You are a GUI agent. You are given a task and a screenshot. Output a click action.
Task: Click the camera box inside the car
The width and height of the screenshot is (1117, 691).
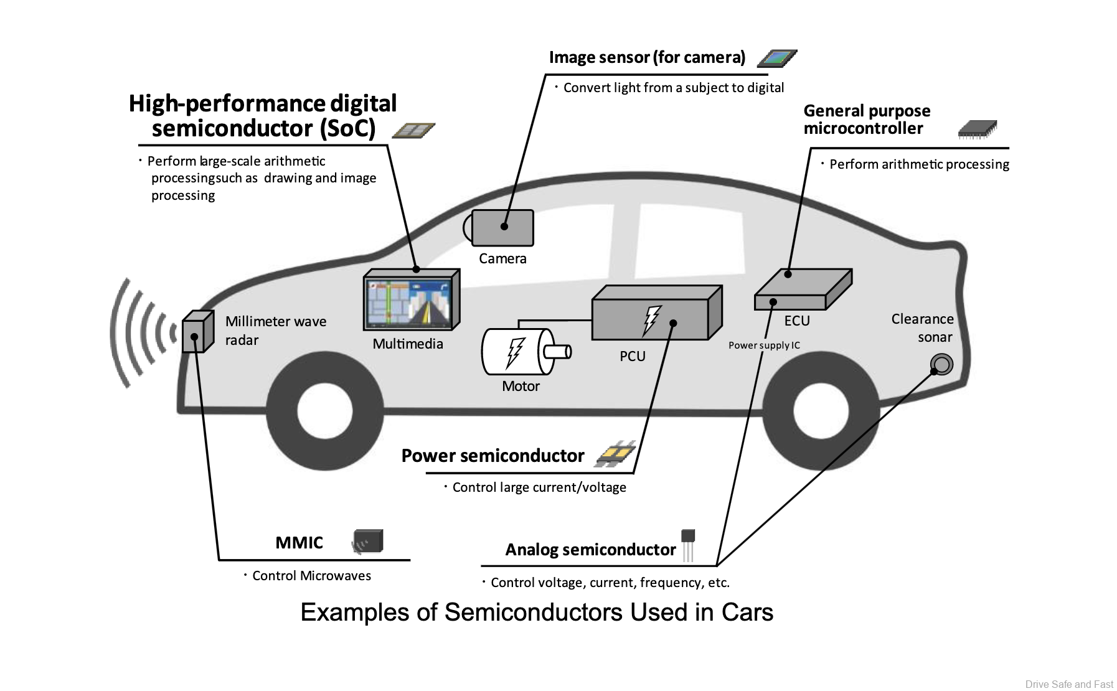click(502, 228)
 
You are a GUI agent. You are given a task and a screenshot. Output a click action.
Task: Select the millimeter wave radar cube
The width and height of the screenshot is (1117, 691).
click(197, 332)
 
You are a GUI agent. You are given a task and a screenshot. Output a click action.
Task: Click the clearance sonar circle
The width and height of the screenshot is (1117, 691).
click(941, 364)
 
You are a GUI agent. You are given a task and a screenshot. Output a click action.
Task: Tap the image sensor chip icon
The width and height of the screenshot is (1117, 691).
click(776, 58)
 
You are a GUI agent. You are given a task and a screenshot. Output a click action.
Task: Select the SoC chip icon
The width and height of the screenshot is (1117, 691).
click(413, 130)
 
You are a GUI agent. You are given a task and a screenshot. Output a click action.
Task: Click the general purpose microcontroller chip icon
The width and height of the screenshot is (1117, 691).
click(976, 129)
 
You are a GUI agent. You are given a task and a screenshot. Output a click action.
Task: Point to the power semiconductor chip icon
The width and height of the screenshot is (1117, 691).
click(615, 454)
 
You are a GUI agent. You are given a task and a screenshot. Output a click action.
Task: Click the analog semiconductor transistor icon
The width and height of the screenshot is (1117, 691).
click(687, 543)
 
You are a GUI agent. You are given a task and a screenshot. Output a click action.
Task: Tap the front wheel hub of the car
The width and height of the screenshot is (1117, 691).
click(325, 410)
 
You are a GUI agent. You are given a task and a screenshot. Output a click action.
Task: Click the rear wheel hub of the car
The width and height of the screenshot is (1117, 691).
click(821, 410)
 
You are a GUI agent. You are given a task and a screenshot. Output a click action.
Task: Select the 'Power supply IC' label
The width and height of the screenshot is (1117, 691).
click(764, 345)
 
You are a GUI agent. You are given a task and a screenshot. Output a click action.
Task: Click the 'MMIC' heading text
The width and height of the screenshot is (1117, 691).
click(299, 542)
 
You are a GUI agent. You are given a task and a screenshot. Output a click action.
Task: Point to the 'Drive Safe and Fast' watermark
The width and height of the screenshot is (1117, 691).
click(1068, 684)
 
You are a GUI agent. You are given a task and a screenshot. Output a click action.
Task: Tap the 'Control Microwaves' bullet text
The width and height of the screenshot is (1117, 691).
click(311, 576)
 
